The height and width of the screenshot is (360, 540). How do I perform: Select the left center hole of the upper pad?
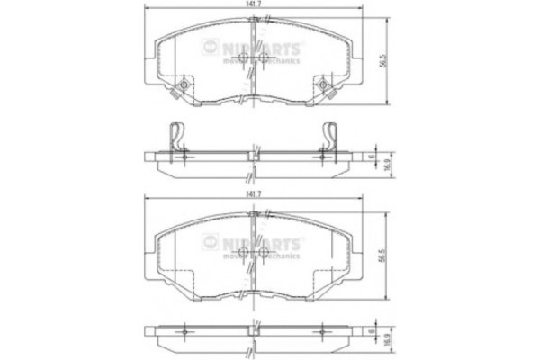247,59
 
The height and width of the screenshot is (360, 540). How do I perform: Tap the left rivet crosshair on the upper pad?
184,86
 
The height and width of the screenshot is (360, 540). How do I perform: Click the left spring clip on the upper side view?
179,137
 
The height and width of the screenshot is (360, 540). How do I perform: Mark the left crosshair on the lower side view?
184,333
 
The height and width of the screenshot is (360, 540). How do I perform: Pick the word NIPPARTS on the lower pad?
261,241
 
